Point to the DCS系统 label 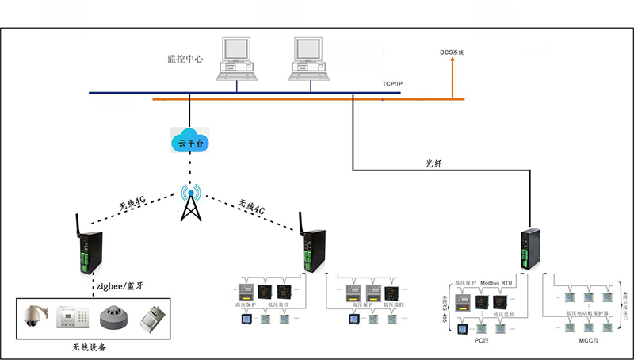click(452, 52)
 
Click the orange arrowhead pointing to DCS click(453, 63)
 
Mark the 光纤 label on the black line click(434, 163)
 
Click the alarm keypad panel click(74, 319)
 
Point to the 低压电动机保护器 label click(586, 314)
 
